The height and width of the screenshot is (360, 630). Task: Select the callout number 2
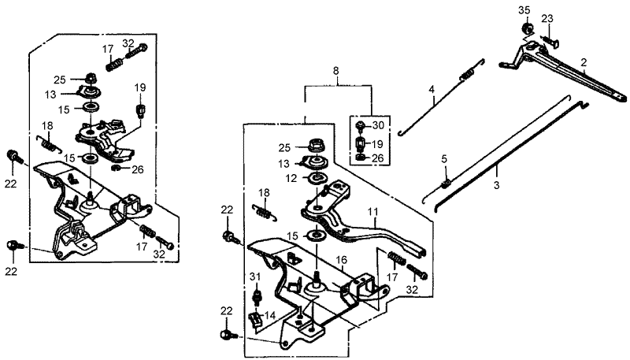584,62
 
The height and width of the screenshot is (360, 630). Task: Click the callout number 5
443,160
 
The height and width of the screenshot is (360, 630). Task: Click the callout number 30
378,125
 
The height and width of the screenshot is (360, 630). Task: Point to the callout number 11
372,213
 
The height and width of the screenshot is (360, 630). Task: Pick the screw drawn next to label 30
360,126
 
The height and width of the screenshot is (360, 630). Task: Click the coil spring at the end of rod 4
468,75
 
